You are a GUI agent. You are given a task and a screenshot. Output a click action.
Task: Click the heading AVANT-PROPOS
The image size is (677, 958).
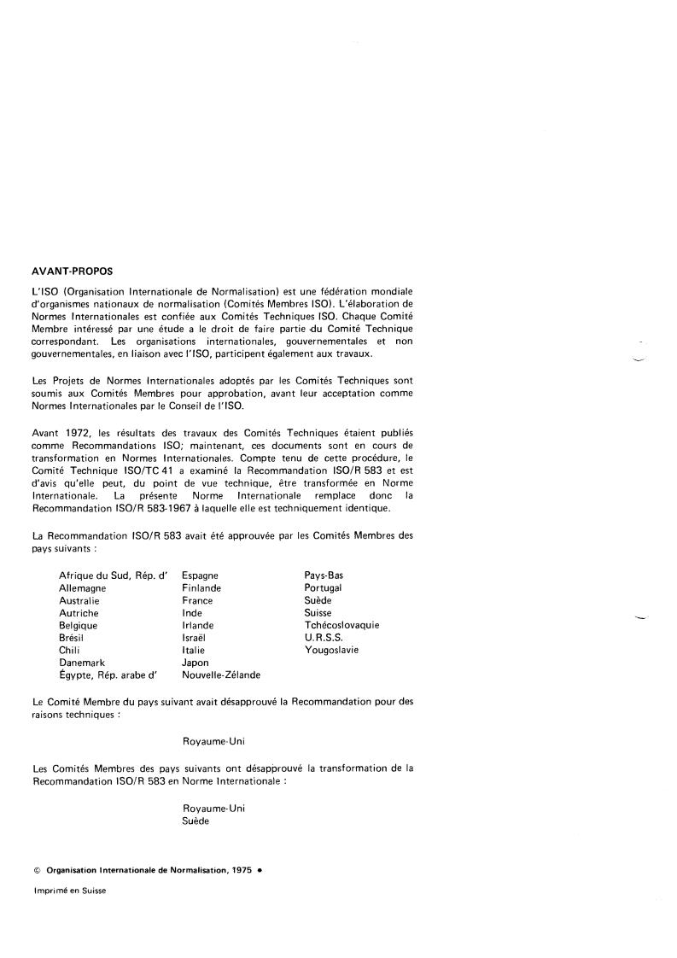coord(72,272)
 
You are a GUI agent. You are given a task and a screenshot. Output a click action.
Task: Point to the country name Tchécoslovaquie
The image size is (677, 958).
coord(341,625)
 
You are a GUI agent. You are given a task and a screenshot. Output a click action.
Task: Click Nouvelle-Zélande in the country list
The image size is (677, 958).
coord(221,675)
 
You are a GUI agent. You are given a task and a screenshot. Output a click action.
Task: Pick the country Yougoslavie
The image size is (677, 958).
coord(331,650)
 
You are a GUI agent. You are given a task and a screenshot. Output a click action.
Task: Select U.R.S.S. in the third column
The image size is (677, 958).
coord(324,637)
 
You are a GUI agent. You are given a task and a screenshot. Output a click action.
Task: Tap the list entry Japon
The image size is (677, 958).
coord(196,662)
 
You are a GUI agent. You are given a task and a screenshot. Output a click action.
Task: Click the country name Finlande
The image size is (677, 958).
coord(201,588)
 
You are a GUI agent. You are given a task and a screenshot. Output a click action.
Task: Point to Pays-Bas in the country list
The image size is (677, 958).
coord(324,575)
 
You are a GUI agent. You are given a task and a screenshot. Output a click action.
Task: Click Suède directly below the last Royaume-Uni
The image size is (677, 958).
coord(196,821)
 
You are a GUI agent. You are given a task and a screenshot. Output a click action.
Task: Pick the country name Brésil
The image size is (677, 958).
coord(72,637)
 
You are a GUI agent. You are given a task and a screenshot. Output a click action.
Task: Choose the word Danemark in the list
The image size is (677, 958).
coord(80,662)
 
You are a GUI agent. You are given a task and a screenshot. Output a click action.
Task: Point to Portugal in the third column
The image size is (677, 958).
coord(323,588)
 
